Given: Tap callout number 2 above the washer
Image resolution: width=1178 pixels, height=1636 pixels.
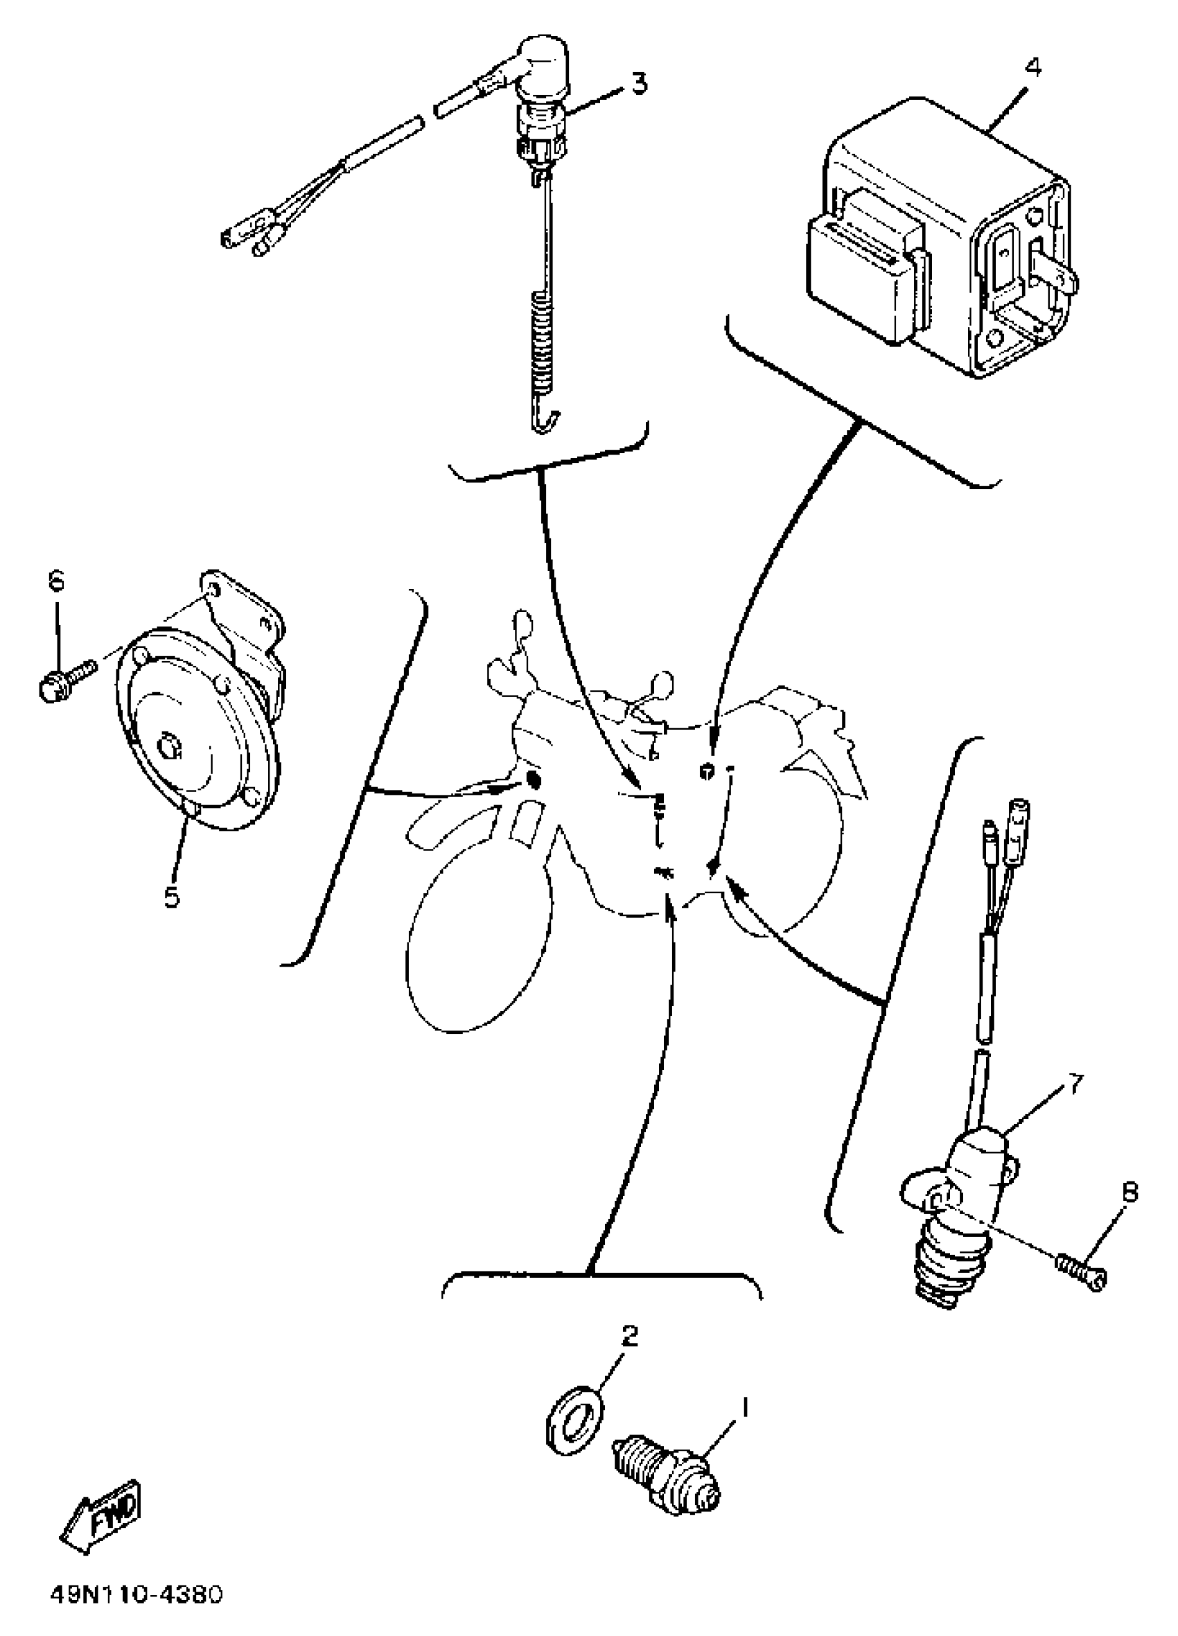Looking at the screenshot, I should [629, 1335].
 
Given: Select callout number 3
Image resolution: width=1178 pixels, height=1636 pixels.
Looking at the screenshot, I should [638, 84].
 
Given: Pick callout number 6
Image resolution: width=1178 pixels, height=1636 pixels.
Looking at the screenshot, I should [56, 580].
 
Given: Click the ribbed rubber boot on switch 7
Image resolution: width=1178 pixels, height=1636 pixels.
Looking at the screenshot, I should [945, 1255].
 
